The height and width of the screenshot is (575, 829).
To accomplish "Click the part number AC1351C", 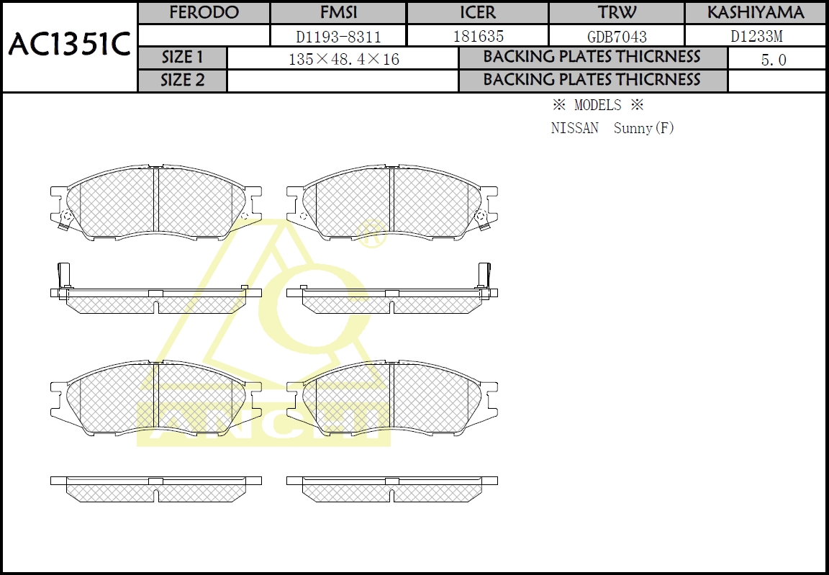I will tap(69, 45).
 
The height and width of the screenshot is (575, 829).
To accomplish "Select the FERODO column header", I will tap(204, 13).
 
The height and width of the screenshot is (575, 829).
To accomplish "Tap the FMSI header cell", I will tap(338, 13).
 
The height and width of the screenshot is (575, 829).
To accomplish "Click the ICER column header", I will tap(478, 13).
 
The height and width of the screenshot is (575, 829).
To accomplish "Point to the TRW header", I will tap(617, 13).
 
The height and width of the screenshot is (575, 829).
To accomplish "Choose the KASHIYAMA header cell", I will tap(755, 13).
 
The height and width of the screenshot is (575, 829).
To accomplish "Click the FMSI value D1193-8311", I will tap(338, 36).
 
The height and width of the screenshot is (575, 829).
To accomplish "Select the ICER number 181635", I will tap(478, 36).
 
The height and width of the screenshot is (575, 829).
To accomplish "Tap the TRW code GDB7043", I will tap(617, 36).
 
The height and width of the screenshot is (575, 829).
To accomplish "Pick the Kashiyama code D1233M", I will tap(756, 36).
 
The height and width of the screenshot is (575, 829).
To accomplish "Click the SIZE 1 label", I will tap(183, 58).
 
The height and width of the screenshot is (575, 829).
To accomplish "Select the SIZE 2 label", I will tap(183, 81).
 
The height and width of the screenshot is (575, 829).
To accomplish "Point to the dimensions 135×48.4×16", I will tap(343, 59).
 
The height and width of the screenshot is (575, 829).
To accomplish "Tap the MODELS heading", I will tap(597, 105).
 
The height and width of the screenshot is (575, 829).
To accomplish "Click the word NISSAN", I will tap(574, 129).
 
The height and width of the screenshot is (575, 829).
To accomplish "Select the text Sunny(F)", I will tap(644, 129).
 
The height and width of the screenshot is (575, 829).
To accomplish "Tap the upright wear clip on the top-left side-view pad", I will tap(62, 276).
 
